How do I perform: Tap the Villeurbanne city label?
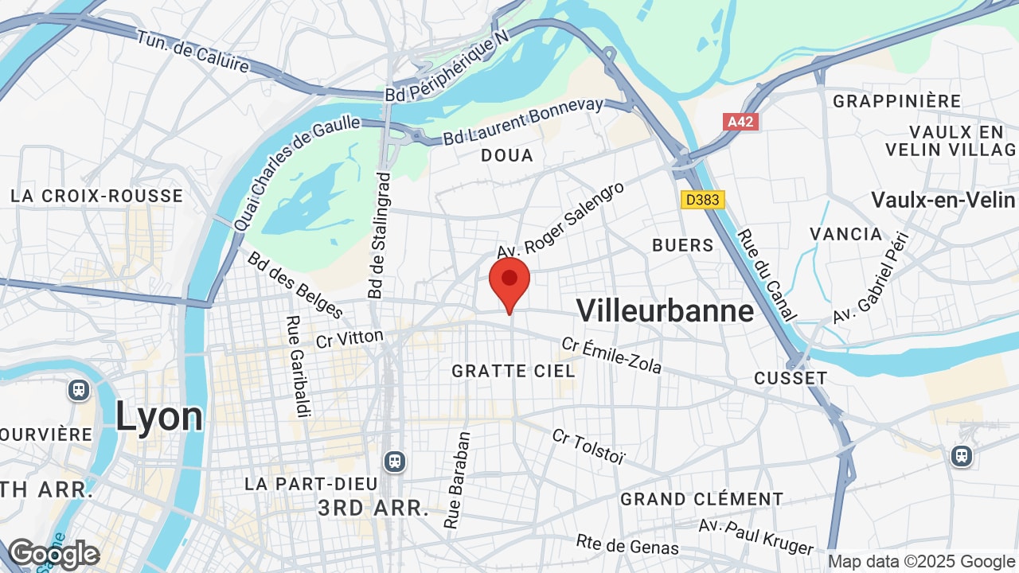click(665, 310)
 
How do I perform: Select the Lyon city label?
click(159, 417)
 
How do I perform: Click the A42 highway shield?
click(741, 122)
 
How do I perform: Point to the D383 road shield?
click(703, 200)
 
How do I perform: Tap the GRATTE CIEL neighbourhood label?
click(513, 371)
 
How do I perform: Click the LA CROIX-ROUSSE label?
click(96, 196)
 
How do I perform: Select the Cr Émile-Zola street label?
click(611, 355)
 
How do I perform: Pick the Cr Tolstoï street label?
click(589, 447)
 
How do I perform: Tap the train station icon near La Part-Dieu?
click(394, 461)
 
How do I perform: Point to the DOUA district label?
click(507, 155)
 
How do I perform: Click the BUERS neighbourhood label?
click(683, 245)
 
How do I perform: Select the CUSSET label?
click(791, 378)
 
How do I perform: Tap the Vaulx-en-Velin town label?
click(943, 200)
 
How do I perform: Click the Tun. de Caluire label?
click(193, 51)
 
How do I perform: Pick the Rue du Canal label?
click(766, 275)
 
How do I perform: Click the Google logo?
click(54, 554)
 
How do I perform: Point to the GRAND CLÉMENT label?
click(702, 499)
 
